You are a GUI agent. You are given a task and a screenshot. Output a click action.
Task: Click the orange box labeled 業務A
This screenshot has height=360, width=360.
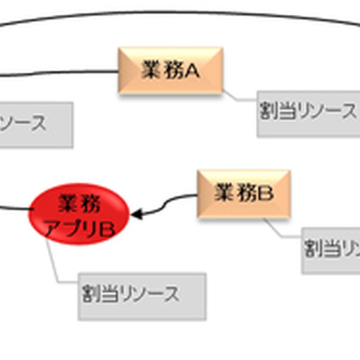169,70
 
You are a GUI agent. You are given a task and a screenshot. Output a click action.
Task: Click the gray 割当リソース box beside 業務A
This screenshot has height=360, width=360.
308,113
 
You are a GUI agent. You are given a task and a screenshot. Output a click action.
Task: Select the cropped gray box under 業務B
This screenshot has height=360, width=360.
331,250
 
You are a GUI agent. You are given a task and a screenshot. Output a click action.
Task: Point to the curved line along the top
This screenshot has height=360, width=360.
180,11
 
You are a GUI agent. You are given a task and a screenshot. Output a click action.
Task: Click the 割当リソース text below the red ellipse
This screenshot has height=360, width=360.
132,294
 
